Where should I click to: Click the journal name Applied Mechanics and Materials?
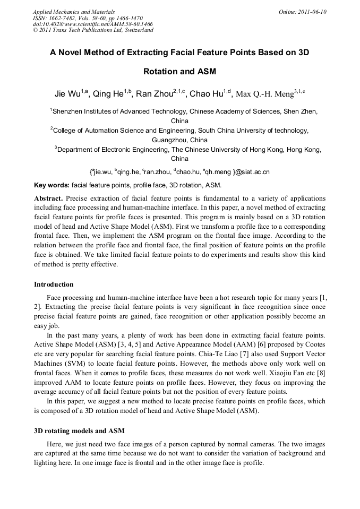click(x=73, y=11)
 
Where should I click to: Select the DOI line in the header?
click(x=93, y=24)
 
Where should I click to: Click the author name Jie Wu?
click(x=67, y=94)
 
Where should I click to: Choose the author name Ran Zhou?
click(x=154, y=94)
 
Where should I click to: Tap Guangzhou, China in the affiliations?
click(x=179, y=140)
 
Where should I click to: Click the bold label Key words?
click(x=52, y=185)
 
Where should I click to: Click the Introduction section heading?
click(x=54, y=284)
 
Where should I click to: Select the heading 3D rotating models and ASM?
click(x=79, y=430)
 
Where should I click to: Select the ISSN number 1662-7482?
click(x=64, y=18)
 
